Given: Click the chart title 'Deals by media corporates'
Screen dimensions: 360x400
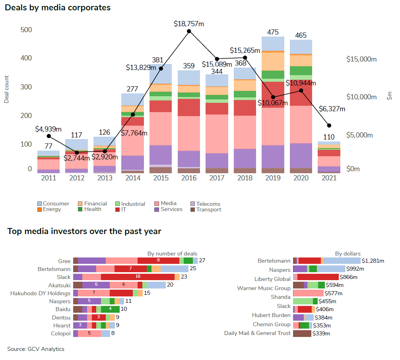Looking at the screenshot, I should pos(58,8).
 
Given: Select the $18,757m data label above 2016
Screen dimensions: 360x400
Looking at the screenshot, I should pos(189,24).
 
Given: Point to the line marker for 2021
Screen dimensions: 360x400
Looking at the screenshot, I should pos(329,126).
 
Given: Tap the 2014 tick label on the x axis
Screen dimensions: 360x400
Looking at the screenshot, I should pos(132,178).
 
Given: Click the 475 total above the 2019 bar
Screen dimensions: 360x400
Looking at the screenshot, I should pos(273,32).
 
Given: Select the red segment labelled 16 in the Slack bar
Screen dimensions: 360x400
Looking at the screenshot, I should pos(138,277).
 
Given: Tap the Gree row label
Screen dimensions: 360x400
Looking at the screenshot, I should pos(64,261).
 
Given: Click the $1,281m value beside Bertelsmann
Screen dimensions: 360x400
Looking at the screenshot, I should pos(373,261).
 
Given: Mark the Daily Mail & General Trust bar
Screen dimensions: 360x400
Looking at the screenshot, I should pos(302,333).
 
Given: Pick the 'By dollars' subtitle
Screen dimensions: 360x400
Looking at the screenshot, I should pos(348,254).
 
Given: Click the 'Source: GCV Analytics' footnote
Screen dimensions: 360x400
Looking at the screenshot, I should pos(36,349).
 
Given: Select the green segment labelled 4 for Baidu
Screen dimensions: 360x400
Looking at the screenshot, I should pos(110,309).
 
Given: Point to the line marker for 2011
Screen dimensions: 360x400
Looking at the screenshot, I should pos(49,136).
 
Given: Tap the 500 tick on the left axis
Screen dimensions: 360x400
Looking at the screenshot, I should pos(26,30).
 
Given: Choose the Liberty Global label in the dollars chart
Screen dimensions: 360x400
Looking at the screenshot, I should pos(272,279).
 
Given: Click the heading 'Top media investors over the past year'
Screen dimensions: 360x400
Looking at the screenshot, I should pos(84,231).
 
